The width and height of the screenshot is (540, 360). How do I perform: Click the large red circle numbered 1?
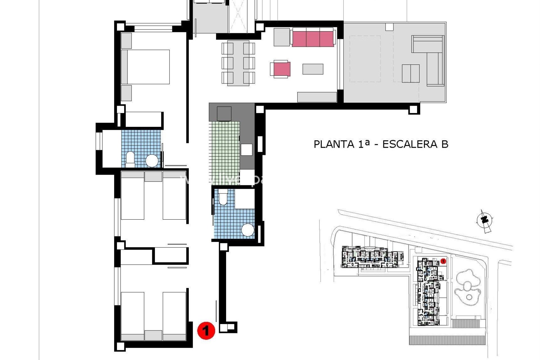(x=206, y=330)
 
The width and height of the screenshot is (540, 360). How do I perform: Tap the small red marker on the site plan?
(x=443, y=261)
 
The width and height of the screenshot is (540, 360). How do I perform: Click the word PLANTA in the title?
(x=334, y=144)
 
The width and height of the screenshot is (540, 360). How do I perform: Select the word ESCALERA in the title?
(x=410, y=144)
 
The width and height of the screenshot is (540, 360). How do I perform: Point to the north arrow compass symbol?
(x=484, y=220)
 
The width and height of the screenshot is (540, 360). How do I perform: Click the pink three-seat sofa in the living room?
(x=313, y=39)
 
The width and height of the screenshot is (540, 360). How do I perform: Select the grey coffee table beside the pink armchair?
(x=313, y=69)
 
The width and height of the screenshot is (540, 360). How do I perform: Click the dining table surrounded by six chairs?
(x=238, y=63)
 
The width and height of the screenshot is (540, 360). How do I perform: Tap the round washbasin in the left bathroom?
(x=152, y=161)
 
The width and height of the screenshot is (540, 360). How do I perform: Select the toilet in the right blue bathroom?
(x=223, y=197)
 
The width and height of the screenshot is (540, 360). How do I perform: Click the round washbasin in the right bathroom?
(x=248, y=230)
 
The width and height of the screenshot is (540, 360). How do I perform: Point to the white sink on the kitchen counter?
(x=246, y=150)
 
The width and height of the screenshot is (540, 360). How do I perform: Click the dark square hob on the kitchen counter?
(x=224, y=114)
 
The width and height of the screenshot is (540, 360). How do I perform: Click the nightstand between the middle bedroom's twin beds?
(x=153, y=177)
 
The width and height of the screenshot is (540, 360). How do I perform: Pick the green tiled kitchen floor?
(x=224, y=149)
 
